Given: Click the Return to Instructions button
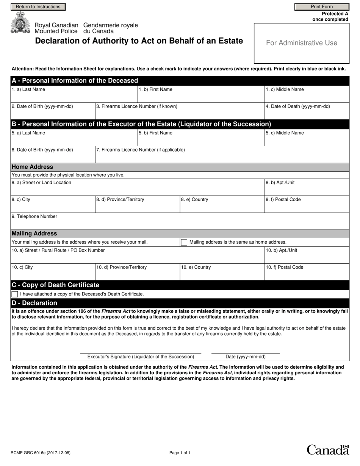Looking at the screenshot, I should (38, 7).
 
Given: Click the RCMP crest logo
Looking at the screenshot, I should (19, 24).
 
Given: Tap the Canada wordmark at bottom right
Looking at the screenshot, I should (327, 450).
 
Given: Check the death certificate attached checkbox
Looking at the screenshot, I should (15, 294).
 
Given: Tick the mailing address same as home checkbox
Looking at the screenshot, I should (184, 242).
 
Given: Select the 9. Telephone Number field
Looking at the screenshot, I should (180, 223).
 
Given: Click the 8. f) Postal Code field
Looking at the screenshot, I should (307, 206).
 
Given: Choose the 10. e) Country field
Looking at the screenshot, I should (222, 274).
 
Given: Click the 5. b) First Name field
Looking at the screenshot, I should (200, 139).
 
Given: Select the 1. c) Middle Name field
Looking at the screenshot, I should (307, 96).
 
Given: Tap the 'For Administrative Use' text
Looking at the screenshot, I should (302, 43).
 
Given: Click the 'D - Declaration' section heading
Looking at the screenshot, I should (34, 303).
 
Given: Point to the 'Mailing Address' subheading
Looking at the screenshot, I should (34, 234).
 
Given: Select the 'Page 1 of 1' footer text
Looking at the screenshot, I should (180, 453).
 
